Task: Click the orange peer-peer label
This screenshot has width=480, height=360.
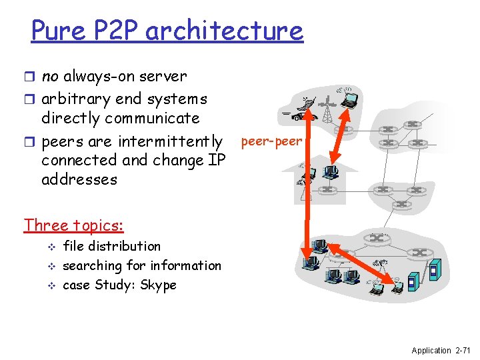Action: pos(271,142)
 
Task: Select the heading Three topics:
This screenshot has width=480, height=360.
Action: pos(74,225)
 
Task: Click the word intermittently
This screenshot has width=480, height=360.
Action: pos(171,141)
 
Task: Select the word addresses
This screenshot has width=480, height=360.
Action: pos(79,179)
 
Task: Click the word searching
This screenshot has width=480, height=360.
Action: pos(93,266)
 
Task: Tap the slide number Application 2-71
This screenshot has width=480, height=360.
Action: pos(441,350)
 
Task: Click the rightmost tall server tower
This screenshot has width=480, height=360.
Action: pos(434,272)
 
